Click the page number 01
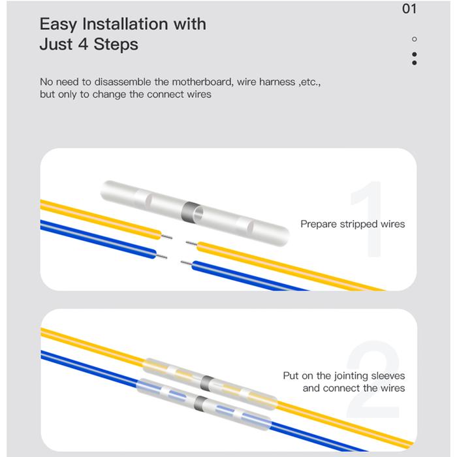point(409,8)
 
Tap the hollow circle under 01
point(414,39)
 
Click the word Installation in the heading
point(125,24)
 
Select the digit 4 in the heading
point(84,44)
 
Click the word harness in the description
point(277,82)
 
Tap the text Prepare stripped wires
point(353,224)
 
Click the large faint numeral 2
point(373,379)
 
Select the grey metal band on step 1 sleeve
point(191,211)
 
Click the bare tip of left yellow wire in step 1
point(166,236)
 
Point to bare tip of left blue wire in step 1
point(162,256)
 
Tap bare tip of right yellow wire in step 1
point(191,243)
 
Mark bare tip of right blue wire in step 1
point(186,263)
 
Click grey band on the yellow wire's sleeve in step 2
point(206,383)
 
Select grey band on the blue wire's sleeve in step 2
point(200,403)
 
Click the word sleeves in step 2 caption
point(387,375)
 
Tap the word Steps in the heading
point(116,44)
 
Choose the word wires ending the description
point(199,95)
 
